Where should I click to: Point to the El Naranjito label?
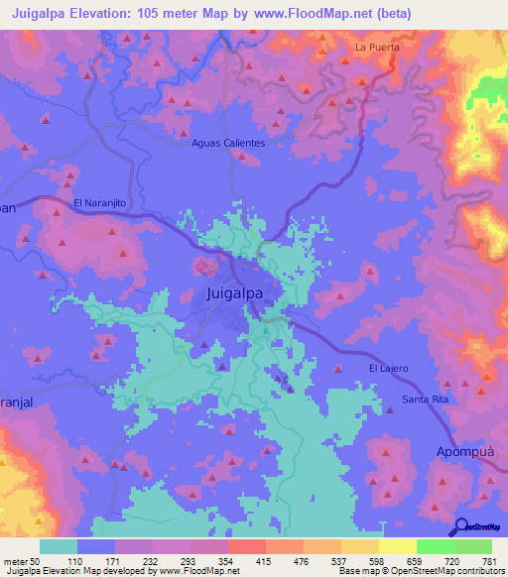point(103,202)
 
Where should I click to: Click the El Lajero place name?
point(388,369)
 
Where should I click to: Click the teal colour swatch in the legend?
point(59,546)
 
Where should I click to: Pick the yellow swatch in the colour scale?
point(397,546)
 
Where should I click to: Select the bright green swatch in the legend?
point(435,546)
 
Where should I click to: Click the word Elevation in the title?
point(112,13)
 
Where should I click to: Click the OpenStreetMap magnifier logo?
point(463,528)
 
